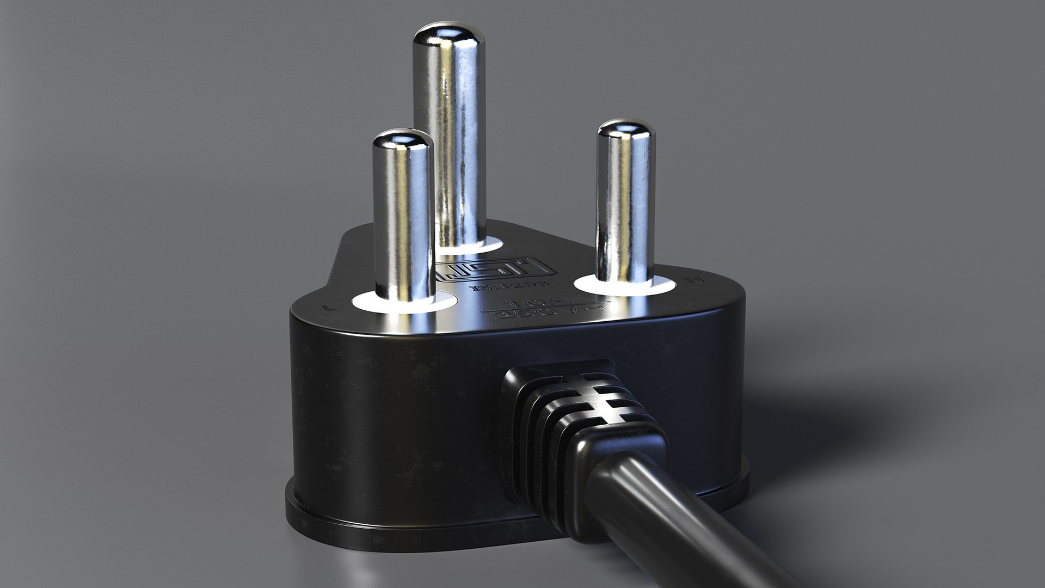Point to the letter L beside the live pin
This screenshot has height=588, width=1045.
click(327, 308)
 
